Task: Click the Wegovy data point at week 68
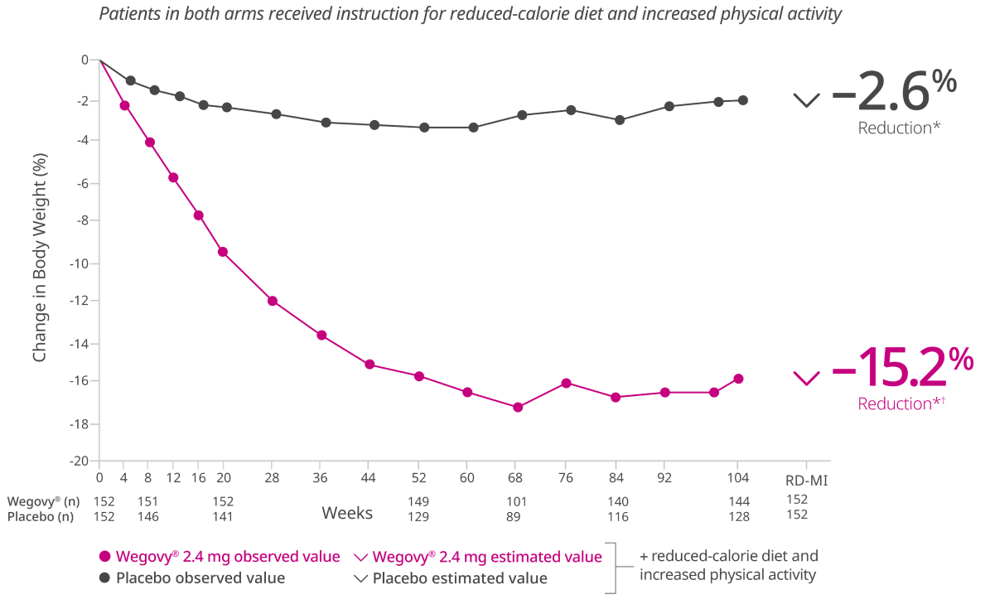pos(518,407)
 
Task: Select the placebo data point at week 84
pos(619,119)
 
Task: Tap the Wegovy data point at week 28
pos(273,301)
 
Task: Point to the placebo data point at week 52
pos(424,127)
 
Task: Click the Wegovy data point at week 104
pos(738,379)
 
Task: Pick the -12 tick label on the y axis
pos(81,301)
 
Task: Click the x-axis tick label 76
pos(564,478)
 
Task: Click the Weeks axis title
pos(346,513)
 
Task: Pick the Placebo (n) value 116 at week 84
pos(617,517)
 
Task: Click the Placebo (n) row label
pos(41,517)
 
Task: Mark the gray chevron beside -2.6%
pos(806,100)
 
